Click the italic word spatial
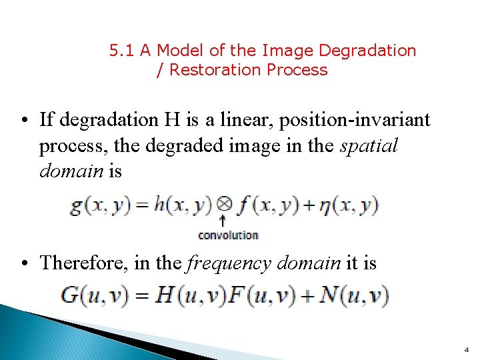point(369,146)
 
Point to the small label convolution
point(228,235)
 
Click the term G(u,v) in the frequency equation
point(95,295)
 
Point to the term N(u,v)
point(354,295)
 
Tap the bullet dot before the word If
point(23,121)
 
